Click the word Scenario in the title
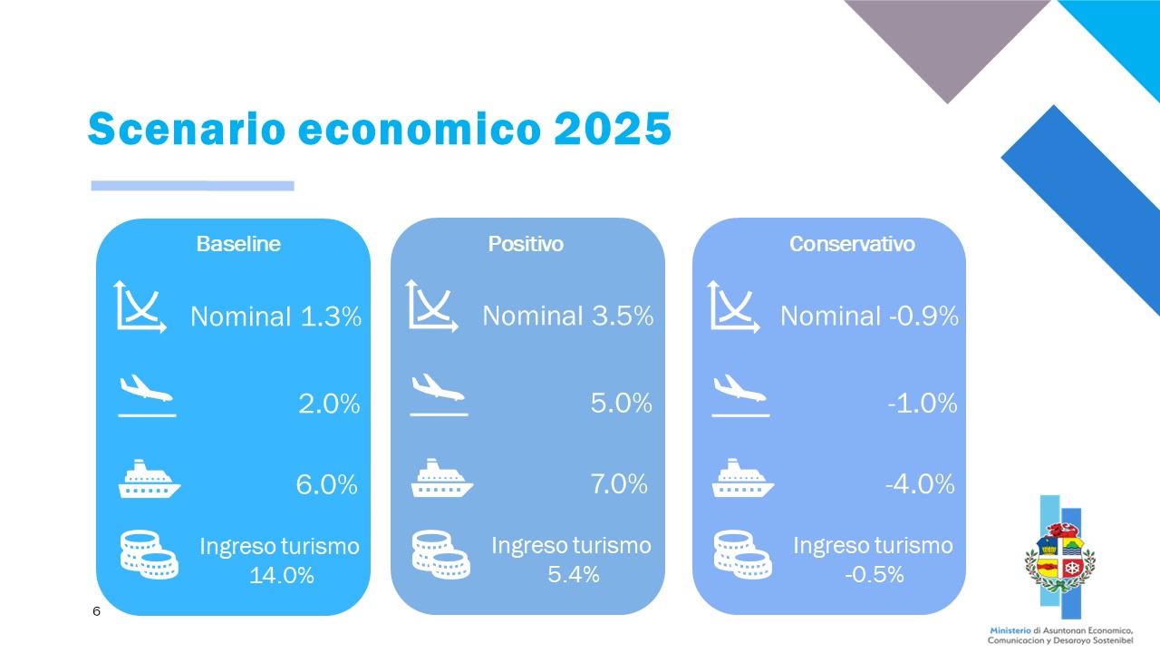click(x=187, y=128)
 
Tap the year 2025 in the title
click(x=613, y=128)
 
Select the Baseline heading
click(x=238, y=244)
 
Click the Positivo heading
click(x=526, y=244)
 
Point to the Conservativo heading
click(x=852, y=244)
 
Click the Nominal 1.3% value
click(x=276, y=317)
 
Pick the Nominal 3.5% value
click(x=568, y=316)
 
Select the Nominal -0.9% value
click(x=869, y=317)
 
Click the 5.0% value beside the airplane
click(x=622, y=404)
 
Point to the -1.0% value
click(x=923, y=404)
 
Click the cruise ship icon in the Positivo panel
click(x=441, y=478)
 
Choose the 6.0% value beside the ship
click(x=327, y=484)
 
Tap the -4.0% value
click(x=920, y=484)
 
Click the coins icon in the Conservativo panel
click(x=742, y=554)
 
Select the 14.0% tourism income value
click(x=282, y=575)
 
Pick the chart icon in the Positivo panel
click(x=432, y=306)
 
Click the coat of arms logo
click(x=1060, y=558)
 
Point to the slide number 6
click(x=96, y=611)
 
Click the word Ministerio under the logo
click(x=1010, y=630)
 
